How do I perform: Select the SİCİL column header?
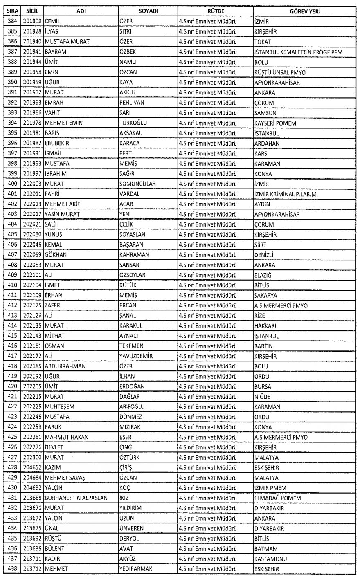32,12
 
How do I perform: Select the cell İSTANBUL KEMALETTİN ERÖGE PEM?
298,52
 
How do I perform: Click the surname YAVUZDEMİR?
135,356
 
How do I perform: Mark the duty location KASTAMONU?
270,559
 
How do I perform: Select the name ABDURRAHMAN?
65,366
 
